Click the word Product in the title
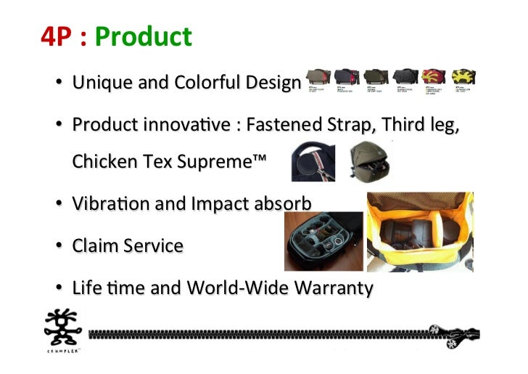click(x=143, y=36)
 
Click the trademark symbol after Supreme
click(x=258, y=160)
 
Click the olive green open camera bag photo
click(x=368, y=161)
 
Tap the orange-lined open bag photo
click(x=420, y=232)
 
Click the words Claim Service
click(x=128, y=245)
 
